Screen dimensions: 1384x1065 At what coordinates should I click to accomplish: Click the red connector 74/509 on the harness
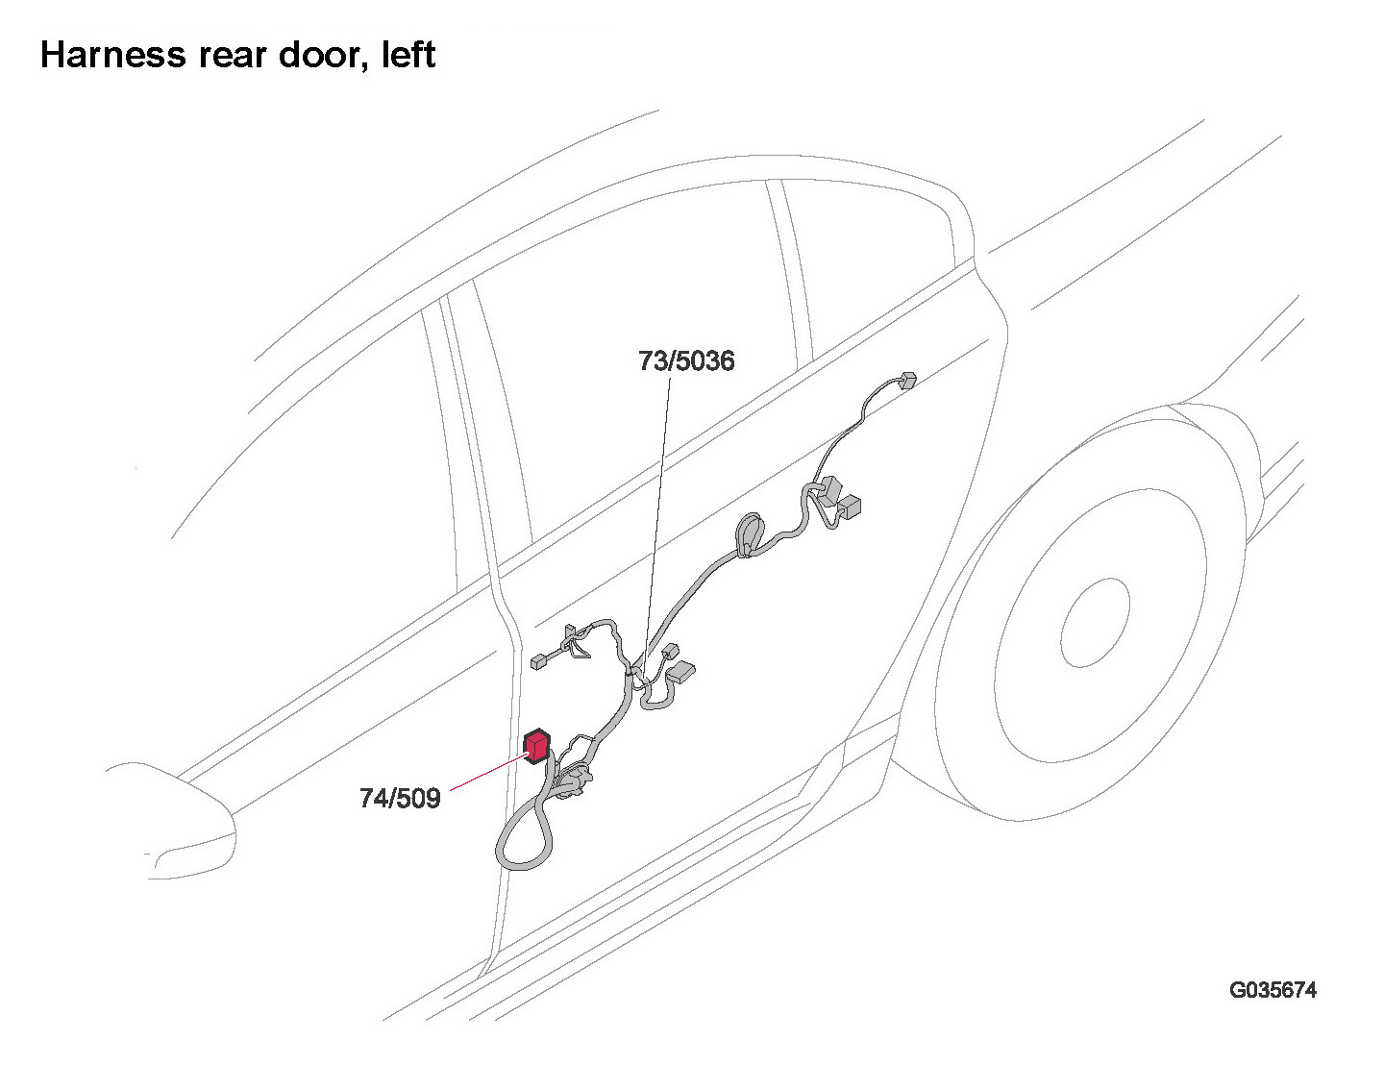(536, 746)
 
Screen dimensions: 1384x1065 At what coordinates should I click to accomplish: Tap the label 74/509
(400, 798)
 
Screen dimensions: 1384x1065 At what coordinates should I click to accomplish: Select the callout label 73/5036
(686, 361)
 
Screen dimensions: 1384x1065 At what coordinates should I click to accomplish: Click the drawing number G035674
(1273, 990)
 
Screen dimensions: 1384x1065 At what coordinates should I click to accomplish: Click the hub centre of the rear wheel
(1094, 623)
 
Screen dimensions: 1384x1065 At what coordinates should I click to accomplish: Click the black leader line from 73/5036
(657, 509)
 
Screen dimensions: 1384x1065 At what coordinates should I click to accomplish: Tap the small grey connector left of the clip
(538, 661)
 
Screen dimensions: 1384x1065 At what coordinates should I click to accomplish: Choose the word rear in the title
(225, 55)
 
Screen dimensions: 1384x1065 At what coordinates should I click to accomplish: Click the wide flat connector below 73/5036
(680, 671)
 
